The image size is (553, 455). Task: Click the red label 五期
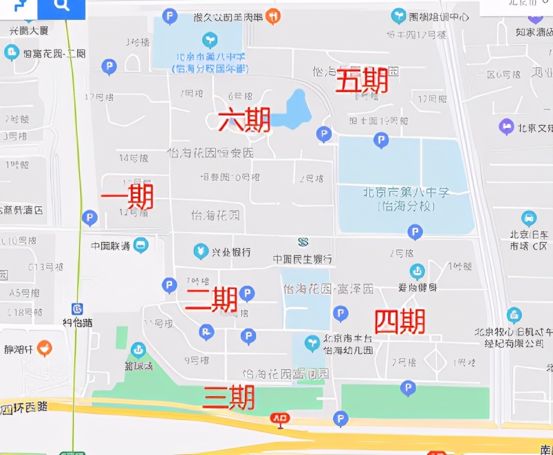point(362,82)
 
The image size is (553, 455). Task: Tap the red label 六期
point(243,120)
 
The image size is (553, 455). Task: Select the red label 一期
point(127,198)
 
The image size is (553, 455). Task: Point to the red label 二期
point(212,299)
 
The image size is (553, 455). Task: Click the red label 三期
point(229,397)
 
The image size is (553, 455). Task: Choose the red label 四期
point(400,321)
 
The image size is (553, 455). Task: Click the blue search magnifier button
point(62,7)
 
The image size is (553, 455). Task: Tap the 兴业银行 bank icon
point(201,251)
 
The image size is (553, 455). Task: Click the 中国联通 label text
point(111,245)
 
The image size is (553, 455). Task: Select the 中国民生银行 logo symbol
point(303,242)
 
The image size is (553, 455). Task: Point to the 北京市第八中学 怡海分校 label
point(406,199)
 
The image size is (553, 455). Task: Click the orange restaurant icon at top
point(273,16)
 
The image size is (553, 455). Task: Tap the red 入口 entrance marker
point(280,418)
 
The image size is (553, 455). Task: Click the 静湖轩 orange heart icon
point(45,348)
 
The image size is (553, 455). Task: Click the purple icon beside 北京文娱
point(506,126)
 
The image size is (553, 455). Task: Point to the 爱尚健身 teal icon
point(417,271)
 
